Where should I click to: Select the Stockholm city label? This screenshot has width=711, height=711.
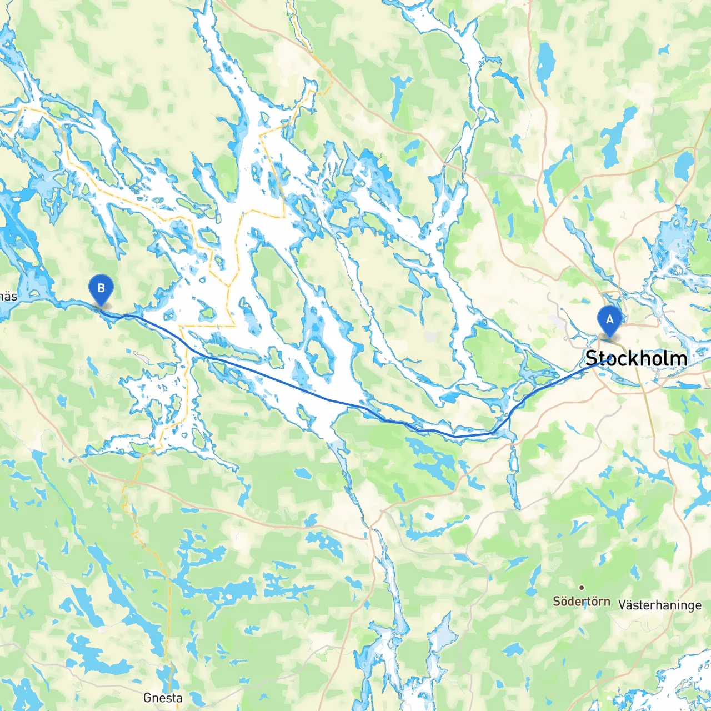coord(636,358)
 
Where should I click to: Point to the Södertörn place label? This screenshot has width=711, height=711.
coord(581,602)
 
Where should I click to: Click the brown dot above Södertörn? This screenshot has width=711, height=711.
coord(582,587)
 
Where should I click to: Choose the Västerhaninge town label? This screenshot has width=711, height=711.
coord(660,605)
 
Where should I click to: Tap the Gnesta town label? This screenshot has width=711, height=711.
coord(162,698)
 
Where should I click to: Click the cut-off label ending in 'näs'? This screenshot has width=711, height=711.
coord(8,296)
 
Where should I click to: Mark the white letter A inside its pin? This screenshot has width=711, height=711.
coord(609,319)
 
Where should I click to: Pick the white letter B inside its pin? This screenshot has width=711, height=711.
coord(101,288)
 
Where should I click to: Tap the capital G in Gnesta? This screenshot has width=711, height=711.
coord(148,698)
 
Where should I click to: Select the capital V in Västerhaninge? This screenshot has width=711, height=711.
coord(623,605)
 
